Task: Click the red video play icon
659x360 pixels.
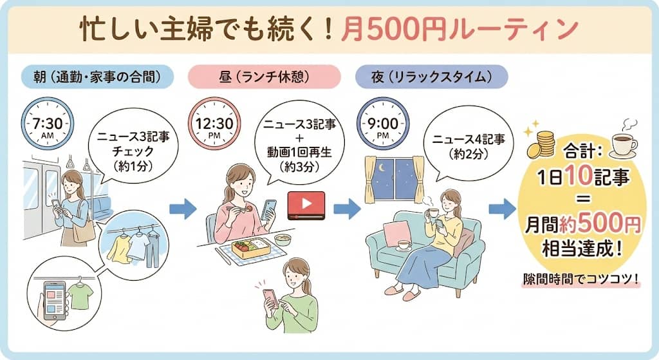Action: tap(306, 205)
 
